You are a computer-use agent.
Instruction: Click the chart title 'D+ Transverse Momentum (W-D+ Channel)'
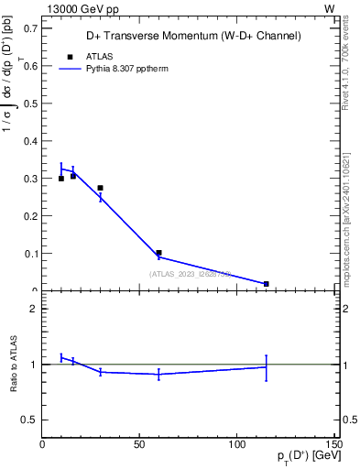(192, 36)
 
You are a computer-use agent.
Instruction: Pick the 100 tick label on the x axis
(237, 444)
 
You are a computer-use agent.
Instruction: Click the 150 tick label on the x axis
(334, 444)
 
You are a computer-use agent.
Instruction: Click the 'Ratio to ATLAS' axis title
(15, 364)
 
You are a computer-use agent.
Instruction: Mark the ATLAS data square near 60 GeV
(158, 253)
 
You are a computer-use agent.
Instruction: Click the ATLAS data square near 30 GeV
(100, 188)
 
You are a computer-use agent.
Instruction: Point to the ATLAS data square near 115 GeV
(266, 284)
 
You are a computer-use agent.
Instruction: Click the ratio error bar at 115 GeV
(266, 367)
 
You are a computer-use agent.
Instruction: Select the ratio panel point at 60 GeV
(158, 374)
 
